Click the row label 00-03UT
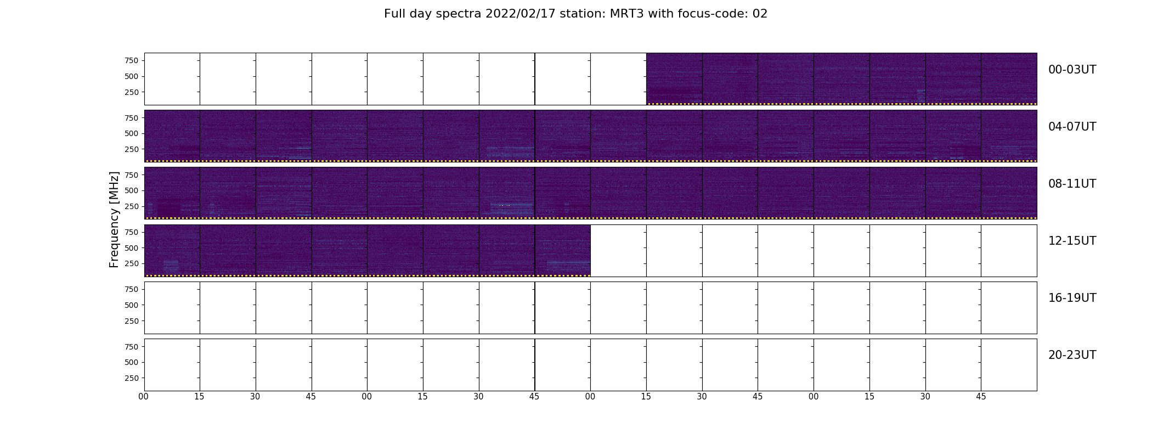[x=1072, y=70]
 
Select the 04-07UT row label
[x=1072, y=127]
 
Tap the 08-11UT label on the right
[x=1072, y=184]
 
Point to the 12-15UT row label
[x=1072, y=241]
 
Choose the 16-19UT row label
[x=1072, y=298]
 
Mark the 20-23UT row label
[x=1072, y=355]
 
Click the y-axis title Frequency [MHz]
[x=114, y=219]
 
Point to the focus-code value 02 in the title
[x=760, y=14]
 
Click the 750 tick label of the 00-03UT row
[x=132, y=60]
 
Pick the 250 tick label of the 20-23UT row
[x=132, y=378]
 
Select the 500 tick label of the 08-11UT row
[x=132, y=190]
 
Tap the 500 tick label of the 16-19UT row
[x=132, y=305]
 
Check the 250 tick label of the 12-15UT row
[x=132, y=264]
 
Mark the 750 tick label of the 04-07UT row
[x=132, y=118]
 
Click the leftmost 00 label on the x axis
[x=144, y=397]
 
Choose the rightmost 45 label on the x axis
[x=981, y=397]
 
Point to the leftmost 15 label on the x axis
[x=199, y=397]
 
